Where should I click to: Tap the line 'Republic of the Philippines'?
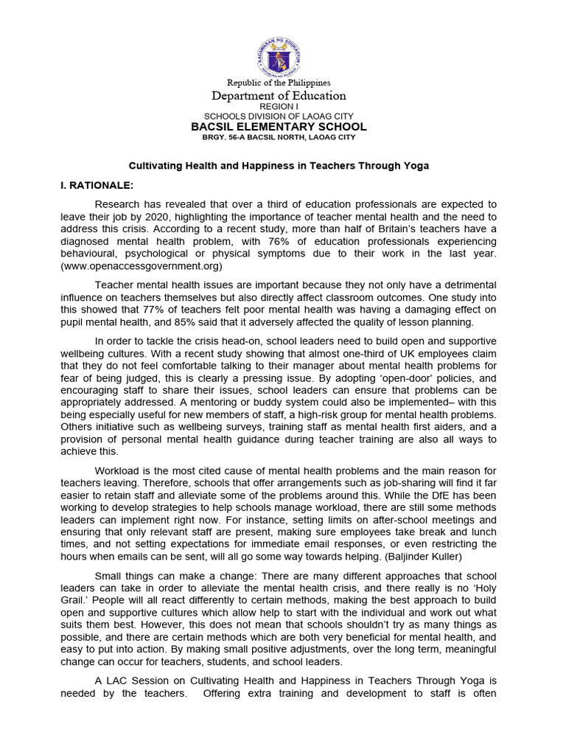coord(279,83)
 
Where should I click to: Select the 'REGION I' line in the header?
coord(279,107)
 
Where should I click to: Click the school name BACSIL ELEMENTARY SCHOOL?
coord(279,127)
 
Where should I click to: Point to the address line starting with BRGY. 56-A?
coord(279,137)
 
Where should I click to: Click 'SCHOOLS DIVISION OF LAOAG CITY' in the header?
coord(279,116)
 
